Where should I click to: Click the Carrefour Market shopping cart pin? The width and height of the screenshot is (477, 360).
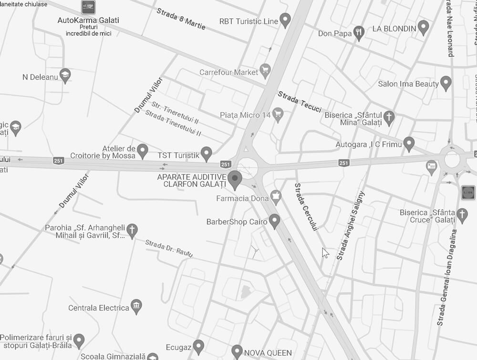coord(265,72)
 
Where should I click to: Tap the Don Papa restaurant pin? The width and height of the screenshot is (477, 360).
coord(359,32)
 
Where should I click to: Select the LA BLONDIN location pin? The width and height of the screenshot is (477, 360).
coord(423,27)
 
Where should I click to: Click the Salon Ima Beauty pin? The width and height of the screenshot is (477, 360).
coord(446,83)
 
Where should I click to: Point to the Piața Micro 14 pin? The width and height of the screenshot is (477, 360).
coord(278,114)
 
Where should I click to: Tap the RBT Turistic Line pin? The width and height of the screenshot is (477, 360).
coord(285,20)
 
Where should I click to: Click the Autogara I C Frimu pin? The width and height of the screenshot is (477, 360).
coord(409,143)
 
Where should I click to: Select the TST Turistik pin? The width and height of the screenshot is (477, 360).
coord(206,154)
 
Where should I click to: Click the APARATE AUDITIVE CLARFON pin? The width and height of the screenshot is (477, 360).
coord(234,179)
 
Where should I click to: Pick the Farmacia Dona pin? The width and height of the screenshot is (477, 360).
coord(276,196)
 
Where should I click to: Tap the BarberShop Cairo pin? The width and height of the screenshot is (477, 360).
coord(274,221)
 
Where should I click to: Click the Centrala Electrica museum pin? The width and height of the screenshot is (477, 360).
coord(136,307)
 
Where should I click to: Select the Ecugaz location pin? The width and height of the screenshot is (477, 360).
coord(198,346)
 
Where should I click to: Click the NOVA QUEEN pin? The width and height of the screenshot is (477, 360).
coord(237,352)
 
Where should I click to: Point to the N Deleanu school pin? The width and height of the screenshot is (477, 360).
coord(65,75)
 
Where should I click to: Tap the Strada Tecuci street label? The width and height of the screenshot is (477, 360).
coord(300,102)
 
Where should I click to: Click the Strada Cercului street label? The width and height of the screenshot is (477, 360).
coord(306,207)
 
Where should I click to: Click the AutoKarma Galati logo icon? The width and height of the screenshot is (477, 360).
coord(88,7)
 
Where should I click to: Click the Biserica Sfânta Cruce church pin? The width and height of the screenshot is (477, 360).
coord(462,215)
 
